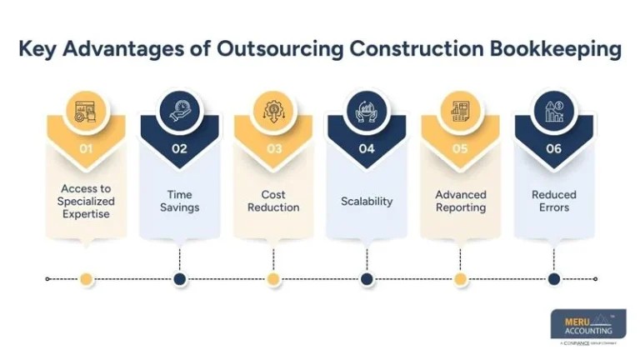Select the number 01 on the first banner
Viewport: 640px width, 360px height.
(86, 150)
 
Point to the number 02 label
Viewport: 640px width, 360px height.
(179, 150)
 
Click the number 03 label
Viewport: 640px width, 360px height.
(273, 150)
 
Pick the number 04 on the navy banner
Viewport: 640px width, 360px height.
(367, 150)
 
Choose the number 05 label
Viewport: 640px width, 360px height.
(460, 150)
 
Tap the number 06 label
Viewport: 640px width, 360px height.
(554, 150)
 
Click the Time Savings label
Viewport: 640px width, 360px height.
(179, 201)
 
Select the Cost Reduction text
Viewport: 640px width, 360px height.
(273, 201)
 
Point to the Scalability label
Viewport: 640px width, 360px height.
(367, 201)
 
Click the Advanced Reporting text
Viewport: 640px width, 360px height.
(460, 201)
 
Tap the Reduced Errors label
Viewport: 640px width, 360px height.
(554, 201)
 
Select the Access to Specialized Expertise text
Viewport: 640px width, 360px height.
(86, 201)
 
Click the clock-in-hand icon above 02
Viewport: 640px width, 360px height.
(179, 112)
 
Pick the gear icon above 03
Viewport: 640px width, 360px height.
(273, 112)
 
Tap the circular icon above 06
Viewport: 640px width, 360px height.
(554, 112)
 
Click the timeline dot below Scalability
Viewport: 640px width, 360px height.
(367, 279)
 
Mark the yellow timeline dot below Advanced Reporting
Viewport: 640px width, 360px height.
(460, 279)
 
